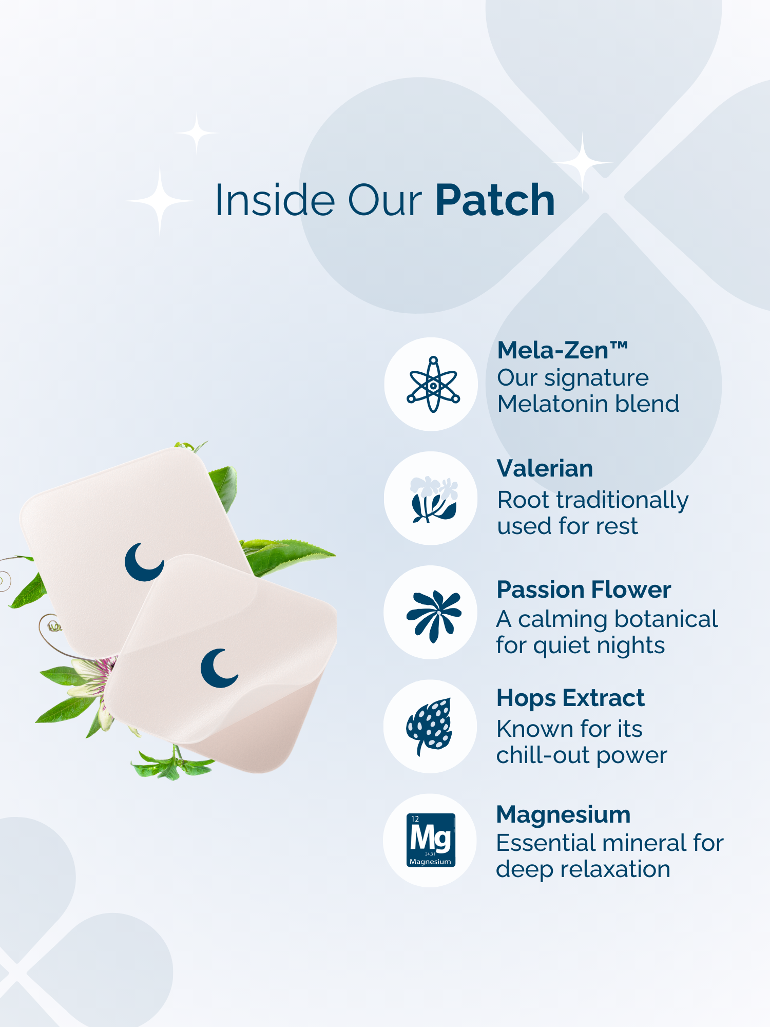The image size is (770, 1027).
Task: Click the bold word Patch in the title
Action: pos(495,200)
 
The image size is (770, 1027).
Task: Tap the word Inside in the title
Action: pos(275,200)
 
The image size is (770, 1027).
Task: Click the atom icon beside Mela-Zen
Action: pos(433,384)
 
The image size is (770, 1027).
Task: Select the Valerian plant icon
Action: pos(434,499)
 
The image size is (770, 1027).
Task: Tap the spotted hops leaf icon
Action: pos(430,726)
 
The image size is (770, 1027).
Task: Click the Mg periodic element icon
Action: pos(431,840)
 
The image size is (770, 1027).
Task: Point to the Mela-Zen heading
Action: pos(563,351)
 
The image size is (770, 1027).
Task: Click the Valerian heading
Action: pos(545,468)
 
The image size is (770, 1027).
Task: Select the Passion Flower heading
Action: pos(584,589)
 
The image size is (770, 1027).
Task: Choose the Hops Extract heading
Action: pos(570,698)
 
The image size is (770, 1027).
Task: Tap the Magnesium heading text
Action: pos(563,815)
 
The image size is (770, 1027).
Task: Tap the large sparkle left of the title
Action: pos(160,201)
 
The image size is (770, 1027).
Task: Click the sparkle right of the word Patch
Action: pos(583,162)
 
